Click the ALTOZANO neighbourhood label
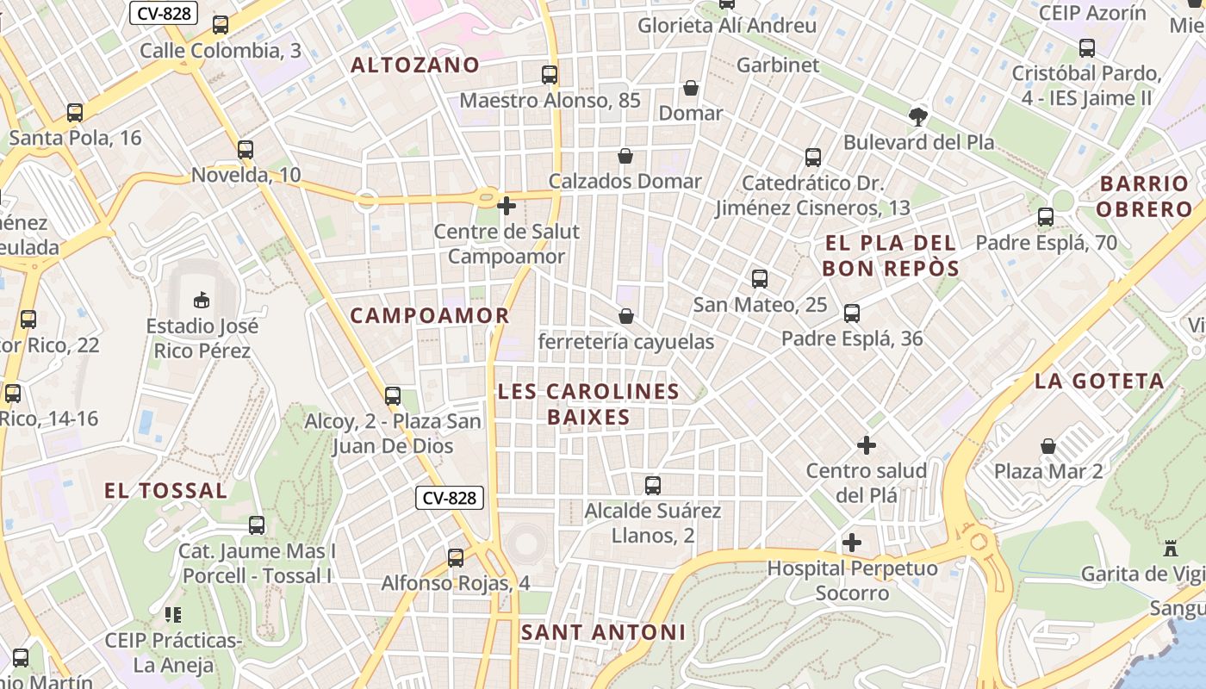coord(415,65)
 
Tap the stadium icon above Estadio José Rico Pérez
coord(201,300)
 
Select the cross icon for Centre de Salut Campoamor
coord(507,205)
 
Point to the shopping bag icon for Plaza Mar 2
coord(1048,446)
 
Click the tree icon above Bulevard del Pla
coord(918,116)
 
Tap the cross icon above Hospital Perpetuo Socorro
coord(852,543)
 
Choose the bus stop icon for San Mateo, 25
coord(760,279)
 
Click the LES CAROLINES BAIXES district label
coord(588,405)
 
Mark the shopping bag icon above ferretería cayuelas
coord(626,316)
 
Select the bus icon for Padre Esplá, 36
coord(852,313)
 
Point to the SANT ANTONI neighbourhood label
coord(603,633)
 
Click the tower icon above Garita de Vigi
coord(1170,548)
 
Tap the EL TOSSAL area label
coord(165,491)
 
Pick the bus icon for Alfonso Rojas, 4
coord(456,558)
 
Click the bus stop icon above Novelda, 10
coord(246,150)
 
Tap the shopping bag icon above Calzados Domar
coord(625,156)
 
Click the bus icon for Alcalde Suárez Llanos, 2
coord(653,486)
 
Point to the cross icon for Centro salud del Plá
coord(867,445)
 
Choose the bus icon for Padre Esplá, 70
coord(1046,217)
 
